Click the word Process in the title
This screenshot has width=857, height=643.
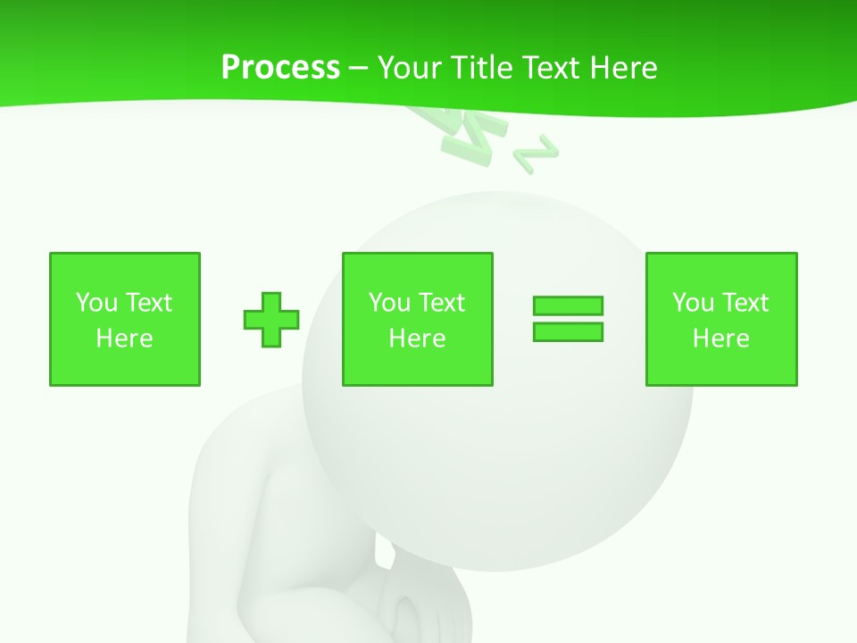pyautogui.click(x=280, y=67)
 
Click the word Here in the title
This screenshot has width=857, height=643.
pyautogui.click(x=624, y=67)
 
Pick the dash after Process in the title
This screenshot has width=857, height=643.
pyautogui.click(x=359, y=68)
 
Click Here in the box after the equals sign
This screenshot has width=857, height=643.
pyautogui.click(x=721, y=338)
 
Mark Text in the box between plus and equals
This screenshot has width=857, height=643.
pyautogui.click(x=442, y=302)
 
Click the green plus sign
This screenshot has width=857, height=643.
pyautogui.click(x=271, y=319)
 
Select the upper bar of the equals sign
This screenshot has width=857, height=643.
pyautogui.click(x=568, y=305)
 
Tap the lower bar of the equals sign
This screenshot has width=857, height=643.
pyautogui.click(x=568, y=331)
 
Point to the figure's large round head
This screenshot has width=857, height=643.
pyautogui.click(x=536, y=447)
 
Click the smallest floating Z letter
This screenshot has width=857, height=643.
pyautogui.click(x=536, y=154)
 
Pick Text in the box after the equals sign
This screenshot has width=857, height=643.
pyautogui.click(x=745, y=302)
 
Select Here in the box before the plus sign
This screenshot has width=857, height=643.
pyautogui.click(x=125, y=338)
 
